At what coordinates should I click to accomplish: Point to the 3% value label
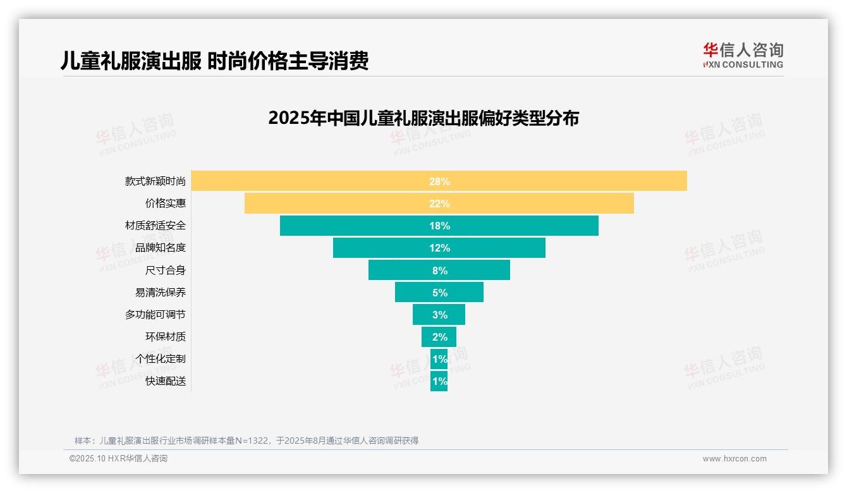pos(439,315)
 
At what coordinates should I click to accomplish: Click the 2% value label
pos(439,337)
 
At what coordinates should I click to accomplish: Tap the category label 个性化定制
pos(161,359)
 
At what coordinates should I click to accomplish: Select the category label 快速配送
pos(166,381)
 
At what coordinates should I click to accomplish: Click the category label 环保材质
pos(166,337)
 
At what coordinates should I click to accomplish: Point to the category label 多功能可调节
pos(155,315)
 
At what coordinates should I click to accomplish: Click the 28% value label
pos(439,181)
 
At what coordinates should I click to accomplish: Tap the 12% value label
pos(439,248)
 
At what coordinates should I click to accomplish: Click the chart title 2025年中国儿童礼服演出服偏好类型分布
pos(423,118)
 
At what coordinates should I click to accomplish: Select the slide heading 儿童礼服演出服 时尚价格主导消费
pos(214,61)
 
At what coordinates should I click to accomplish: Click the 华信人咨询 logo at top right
pos(743,56)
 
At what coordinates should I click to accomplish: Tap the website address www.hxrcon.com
pos(734,459)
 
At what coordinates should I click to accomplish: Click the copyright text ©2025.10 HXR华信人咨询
pos(118,459)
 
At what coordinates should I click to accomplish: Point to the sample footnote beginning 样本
pos(247,441)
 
